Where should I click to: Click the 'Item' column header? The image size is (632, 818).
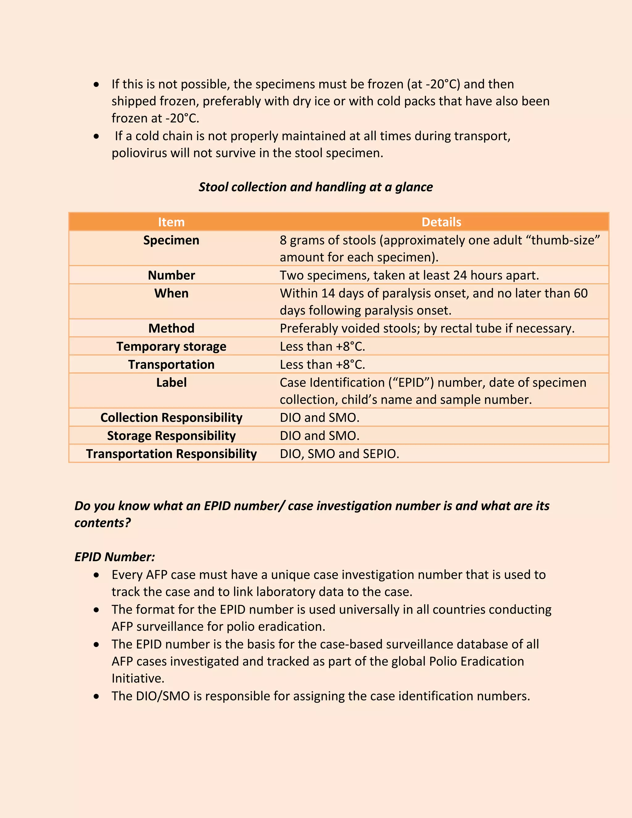point(171,222)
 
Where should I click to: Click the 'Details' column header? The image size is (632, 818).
point(441,222)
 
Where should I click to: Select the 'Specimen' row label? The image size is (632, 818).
point(171,240)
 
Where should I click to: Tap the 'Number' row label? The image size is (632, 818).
point(171,275)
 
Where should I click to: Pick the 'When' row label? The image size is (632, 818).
point(171,293)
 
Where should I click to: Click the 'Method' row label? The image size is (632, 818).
point(171,328)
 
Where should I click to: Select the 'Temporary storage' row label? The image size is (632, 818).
point(171,346)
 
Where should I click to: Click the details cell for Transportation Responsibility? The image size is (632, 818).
point(339,454)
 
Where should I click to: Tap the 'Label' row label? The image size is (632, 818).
point(171,382)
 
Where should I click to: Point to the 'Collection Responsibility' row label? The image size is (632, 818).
point(171,418)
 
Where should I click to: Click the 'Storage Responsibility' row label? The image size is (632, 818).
point(171,436)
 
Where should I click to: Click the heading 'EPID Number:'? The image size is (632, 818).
point(114,557)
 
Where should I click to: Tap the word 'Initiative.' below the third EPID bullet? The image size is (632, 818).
point(138,678)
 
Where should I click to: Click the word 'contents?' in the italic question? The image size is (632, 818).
point(102,523)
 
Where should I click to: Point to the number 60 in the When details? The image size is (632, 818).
point(580,293)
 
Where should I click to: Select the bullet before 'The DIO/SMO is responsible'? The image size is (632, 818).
point(97,697)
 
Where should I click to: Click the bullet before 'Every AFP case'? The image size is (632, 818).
point(97,575)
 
